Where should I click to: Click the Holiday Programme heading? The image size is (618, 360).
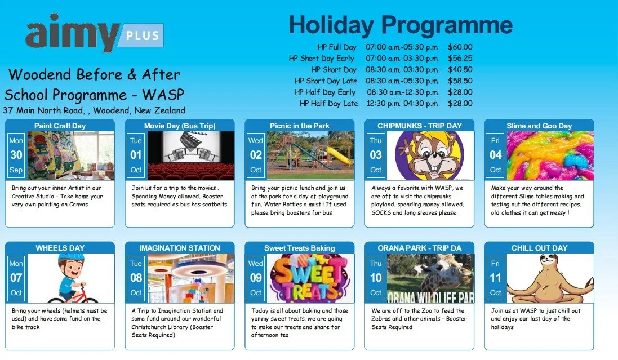[401, 25]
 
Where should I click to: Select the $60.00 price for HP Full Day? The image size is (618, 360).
[460, 47]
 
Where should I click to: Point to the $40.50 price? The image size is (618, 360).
[460, 70]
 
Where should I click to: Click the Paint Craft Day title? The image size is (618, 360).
[60, 126]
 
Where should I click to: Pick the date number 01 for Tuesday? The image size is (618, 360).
[136, 155]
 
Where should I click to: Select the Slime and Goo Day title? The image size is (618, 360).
[539, 126]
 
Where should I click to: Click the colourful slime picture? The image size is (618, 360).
[550, 156]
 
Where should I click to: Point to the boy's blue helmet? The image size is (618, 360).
[70, 260]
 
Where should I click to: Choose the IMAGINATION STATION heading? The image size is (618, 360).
[180, 248]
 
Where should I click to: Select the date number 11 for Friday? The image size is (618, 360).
[495, 278]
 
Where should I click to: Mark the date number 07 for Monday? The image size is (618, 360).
[16, 278]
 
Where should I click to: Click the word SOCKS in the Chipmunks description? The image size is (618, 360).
[382, 212]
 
